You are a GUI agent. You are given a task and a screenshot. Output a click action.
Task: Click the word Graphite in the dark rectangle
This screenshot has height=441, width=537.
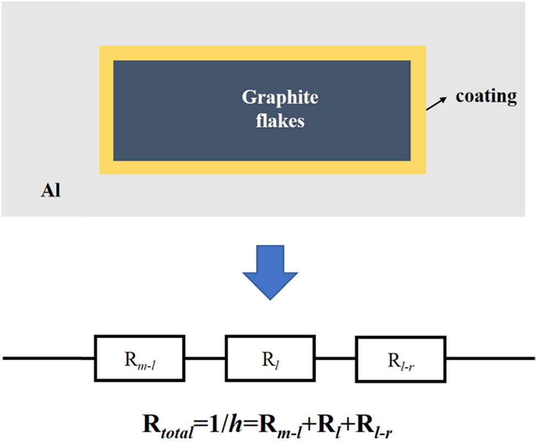point(280,98)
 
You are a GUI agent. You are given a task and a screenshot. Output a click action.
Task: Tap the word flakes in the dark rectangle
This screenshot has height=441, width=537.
point(280,121)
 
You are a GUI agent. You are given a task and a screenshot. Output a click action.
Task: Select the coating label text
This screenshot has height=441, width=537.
point(486,96)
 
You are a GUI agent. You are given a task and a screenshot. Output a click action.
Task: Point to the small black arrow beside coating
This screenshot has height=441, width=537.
point(436,103)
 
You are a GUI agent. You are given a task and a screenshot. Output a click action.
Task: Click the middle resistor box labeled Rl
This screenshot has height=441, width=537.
point(269,358)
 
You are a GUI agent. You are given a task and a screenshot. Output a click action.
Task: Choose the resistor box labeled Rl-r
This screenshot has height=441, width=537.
point(399,358)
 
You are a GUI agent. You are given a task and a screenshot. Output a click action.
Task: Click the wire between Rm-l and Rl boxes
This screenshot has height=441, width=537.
point(204,358)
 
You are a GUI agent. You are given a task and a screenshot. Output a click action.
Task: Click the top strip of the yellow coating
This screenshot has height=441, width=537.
point(262,53)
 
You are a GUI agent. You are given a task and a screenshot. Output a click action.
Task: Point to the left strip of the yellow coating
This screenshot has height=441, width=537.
point(106,110)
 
